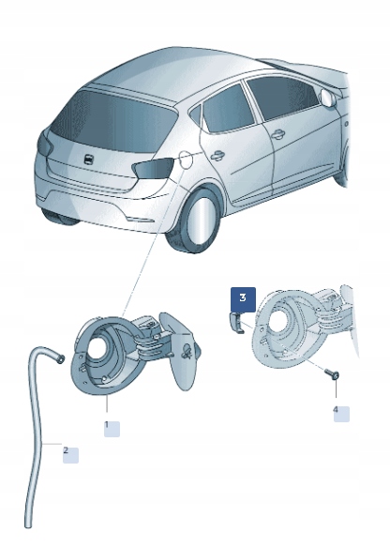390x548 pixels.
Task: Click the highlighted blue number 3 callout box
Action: click(x=243, y=298)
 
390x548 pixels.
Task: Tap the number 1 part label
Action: click(x=109, y=427)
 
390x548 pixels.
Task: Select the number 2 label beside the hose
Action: click(x=67, y=453)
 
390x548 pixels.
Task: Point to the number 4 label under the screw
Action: click(x=337, y=412)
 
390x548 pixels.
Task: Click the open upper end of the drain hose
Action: click(x=59, y=356)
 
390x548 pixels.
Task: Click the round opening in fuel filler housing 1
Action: click(x=99, y=355)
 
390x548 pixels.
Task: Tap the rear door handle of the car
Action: click(x=217, y=156)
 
